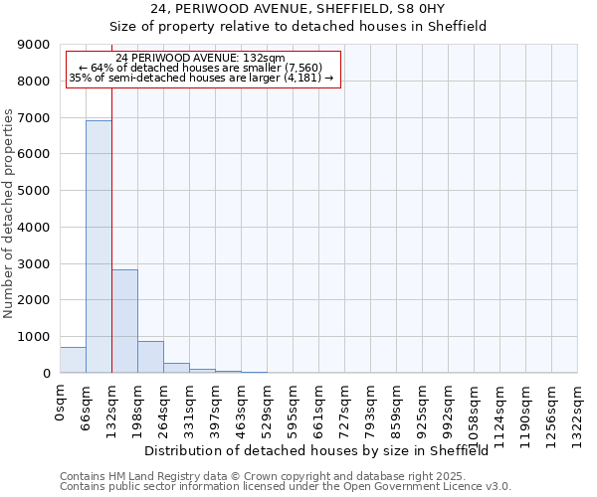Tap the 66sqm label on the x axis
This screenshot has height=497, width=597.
click(87, 406)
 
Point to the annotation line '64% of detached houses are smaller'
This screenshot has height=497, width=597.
click(204, 68)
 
